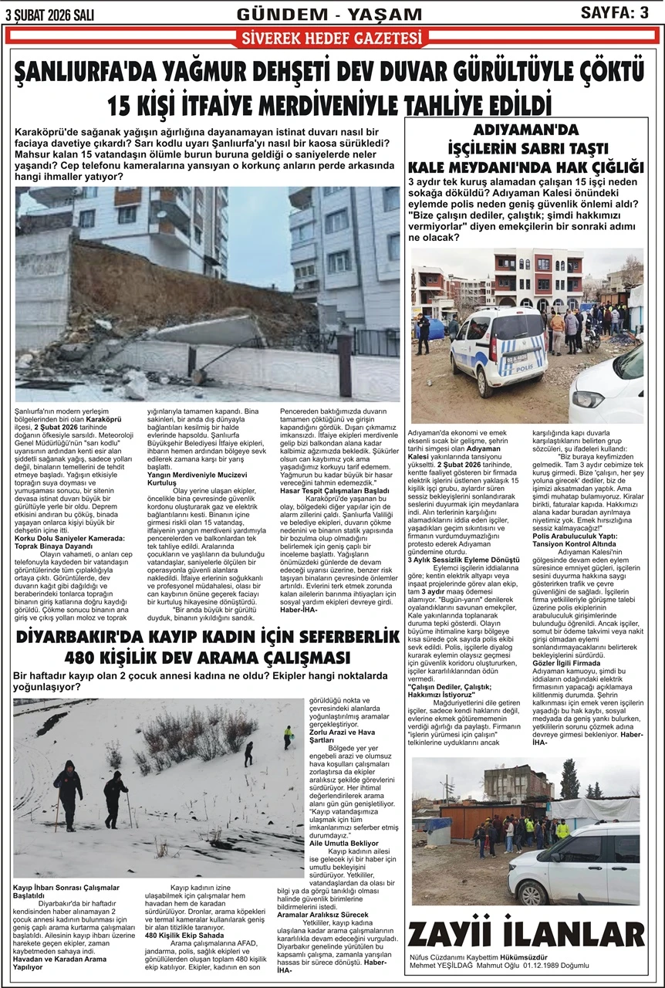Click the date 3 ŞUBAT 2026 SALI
[x=49, y=13]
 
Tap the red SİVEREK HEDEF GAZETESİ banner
[x=332, y=38]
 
